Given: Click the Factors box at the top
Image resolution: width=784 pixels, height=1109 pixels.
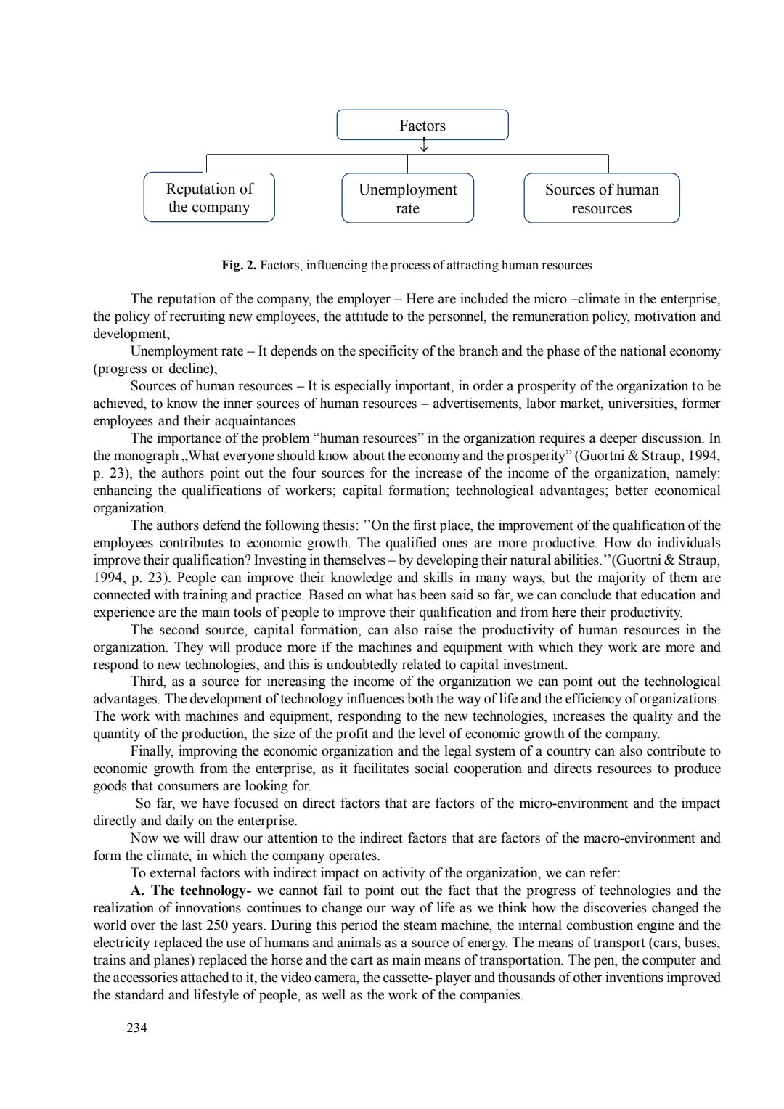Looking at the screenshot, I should pyautogui.click(x=422, y=125).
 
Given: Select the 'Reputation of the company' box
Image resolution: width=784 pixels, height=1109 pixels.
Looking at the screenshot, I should pyautogui.click(x=209, y=197).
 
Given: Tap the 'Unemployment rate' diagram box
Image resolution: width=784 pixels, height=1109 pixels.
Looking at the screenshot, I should pyautogui.click(x=407, y=198).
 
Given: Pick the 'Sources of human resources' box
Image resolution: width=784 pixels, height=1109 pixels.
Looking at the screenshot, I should pyautogui.click(x=602, y=198).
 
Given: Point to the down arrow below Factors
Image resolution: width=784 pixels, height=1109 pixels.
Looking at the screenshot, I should pyautogui.click(x=424, y=146).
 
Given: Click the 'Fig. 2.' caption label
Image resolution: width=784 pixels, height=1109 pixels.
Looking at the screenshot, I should pyautogui.click(x=239, y=265).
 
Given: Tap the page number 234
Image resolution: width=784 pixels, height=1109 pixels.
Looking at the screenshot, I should pyautogui.click(x=136, y=1028).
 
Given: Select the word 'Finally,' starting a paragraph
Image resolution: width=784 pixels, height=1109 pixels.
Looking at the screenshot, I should pyautogui.click(x=152, y=751).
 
